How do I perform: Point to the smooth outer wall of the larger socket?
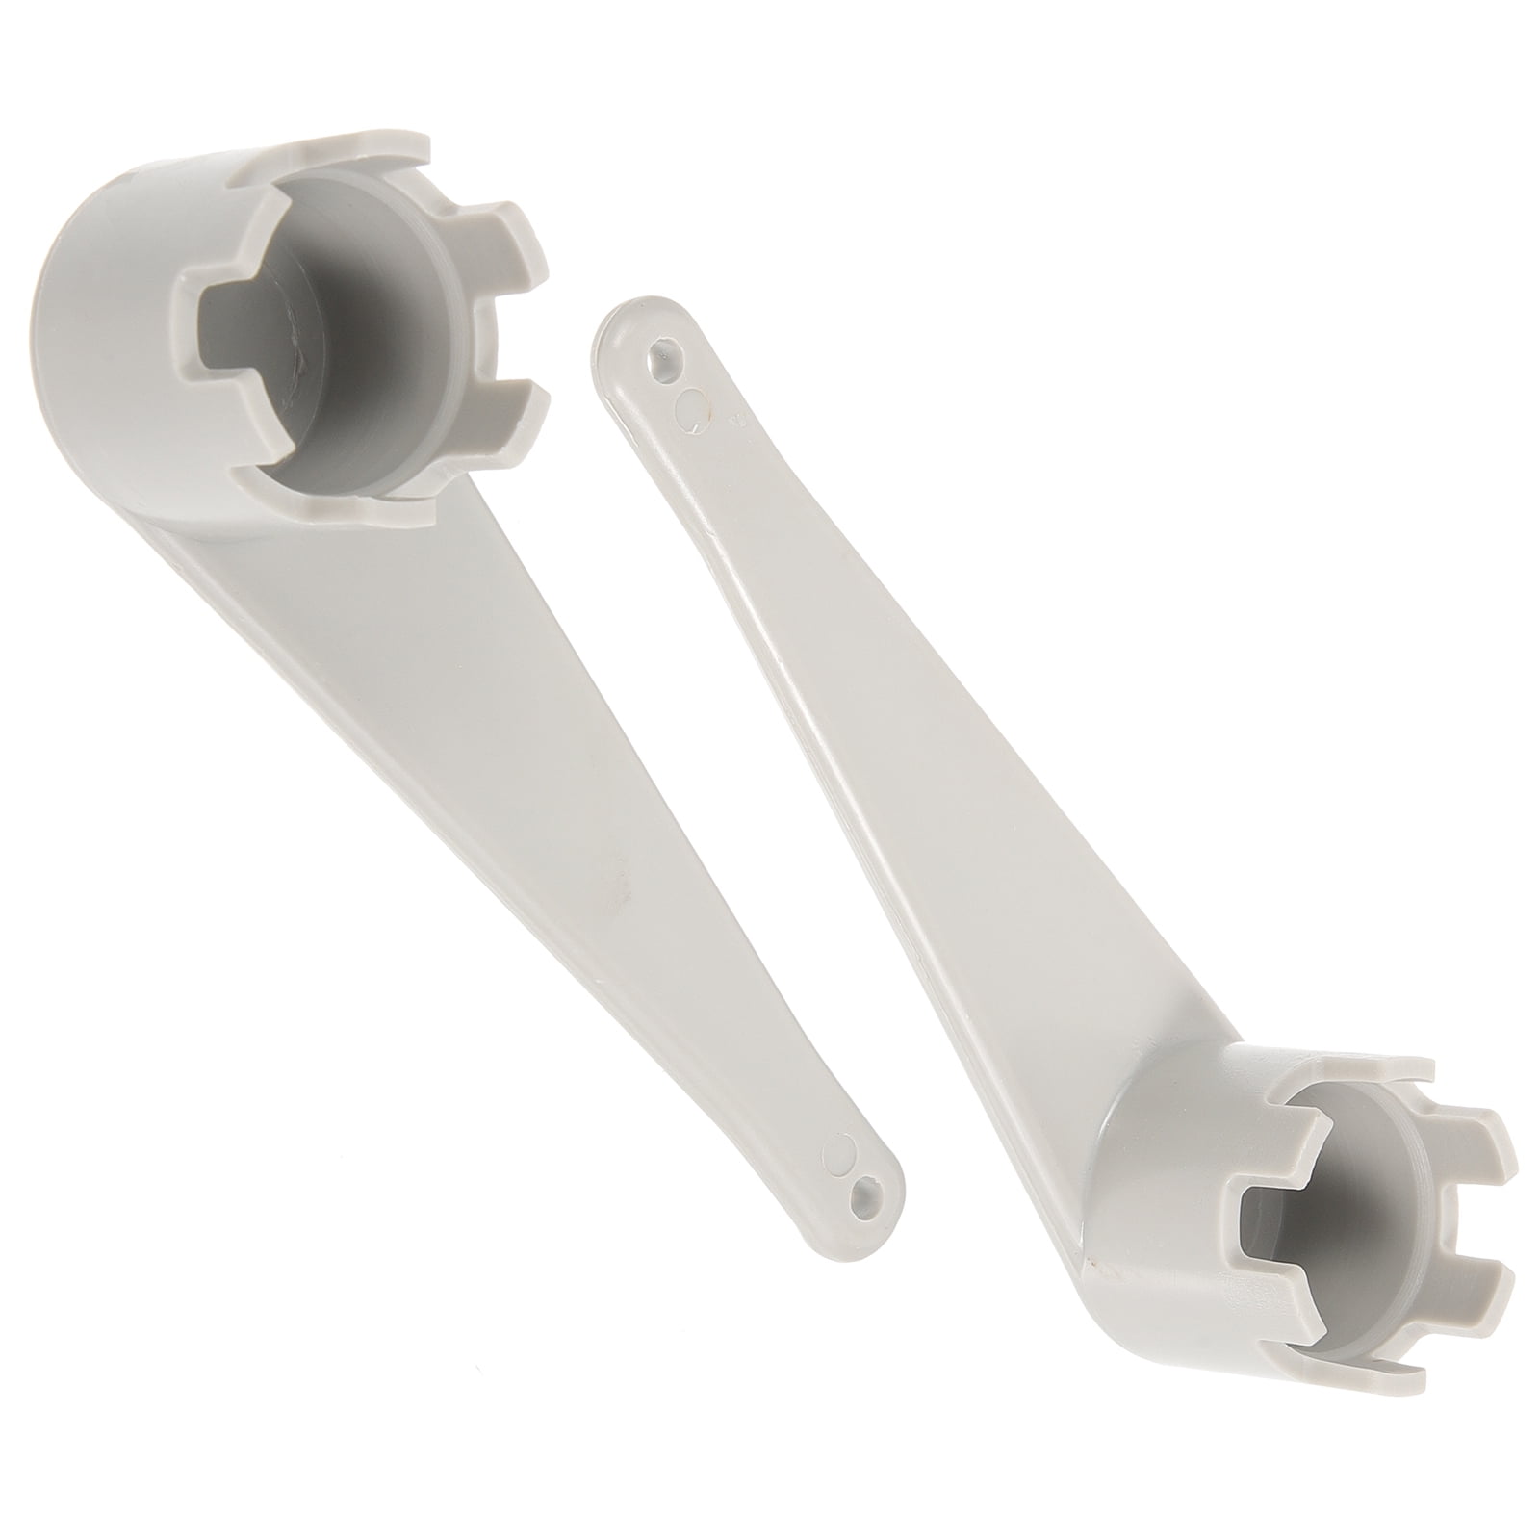[x=96, y=289]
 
